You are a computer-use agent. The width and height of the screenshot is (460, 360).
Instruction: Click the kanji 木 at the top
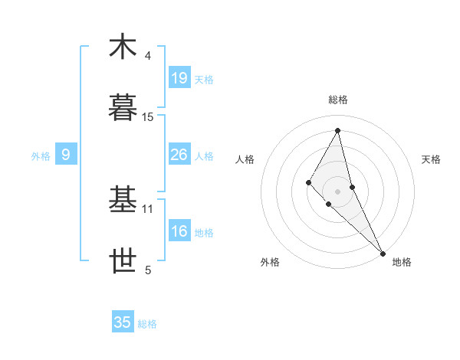(122, 47)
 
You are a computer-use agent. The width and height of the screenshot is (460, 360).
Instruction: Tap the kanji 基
(122, 199)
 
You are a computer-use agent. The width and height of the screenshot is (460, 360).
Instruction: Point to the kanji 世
(122, 261)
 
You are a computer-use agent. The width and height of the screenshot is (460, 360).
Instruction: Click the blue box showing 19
(179, 78)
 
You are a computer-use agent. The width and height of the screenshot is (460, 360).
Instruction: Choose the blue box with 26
(179, 155)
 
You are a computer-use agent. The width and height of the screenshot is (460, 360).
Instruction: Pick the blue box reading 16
(179, 231)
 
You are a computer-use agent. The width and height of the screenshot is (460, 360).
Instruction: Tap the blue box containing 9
(66, 155)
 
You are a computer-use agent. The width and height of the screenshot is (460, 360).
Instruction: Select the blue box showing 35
(122, 322)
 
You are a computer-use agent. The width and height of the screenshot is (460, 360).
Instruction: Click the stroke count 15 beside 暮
(148, 117)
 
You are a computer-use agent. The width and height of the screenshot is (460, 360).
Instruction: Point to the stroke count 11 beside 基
(148, 208)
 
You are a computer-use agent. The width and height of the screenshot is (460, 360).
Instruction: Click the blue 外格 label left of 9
(41, 156)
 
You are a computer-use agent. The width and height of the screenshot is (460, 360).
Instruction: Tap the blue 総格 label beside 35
(147, 324)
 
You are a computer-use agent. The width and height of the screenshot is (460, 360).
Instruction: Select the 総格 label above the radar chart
(338, 100)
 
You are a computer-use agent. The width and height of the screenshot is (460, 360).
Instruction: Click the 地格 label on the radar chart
(402, 262)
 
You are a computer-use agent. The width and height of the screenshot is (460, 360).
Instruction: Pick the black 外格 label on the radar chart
(270, 262)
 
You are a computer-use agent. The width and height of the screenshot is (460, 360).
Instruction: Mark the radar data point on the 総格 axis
(338, 130)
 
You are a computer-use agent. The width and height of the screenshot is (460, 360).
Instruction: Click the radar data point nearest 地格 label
(383, 252)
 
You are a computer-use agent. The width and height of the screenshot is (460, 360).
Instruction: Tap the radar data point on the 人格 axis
(309, 182)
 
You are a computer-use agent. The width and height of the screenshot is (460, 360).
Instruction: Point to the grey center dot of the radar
(338, 191)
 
